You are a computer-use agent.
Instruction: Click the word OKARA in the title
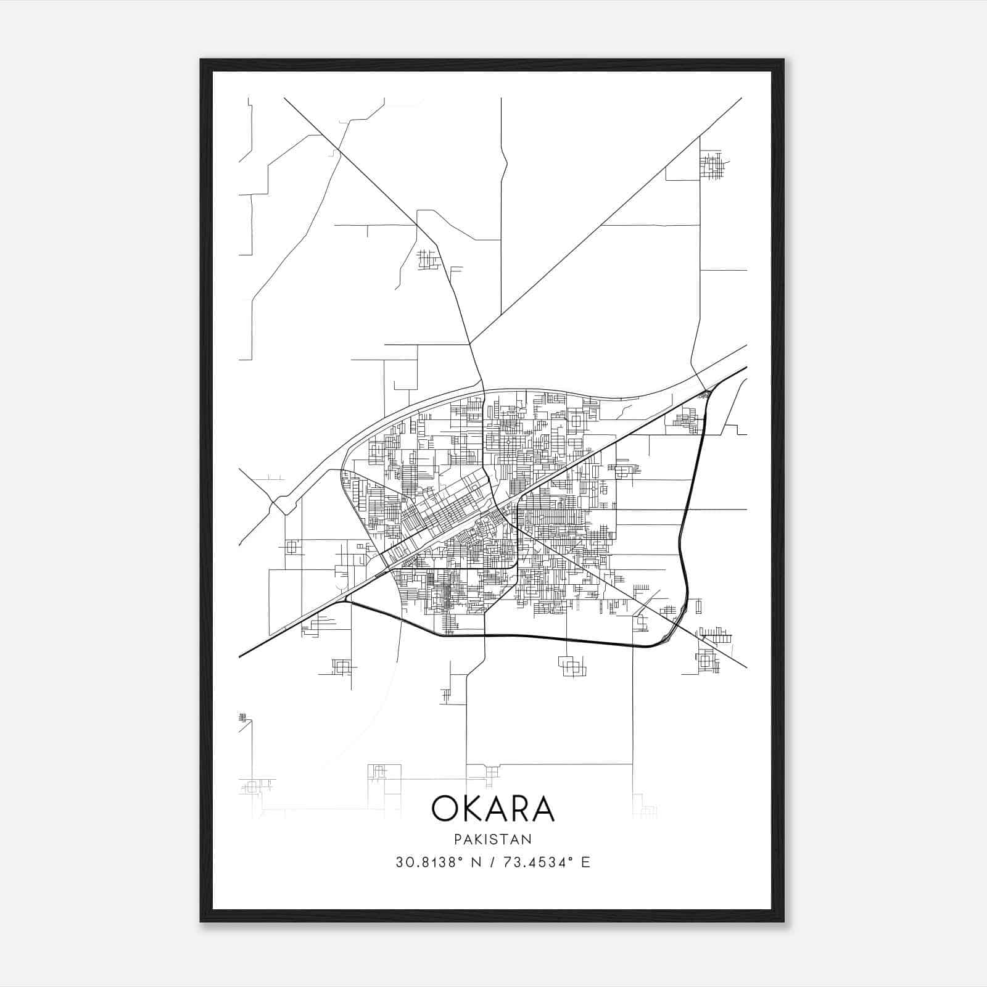pos(493,809)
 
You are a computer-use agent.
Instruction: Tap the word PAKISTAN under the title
pos(493,839)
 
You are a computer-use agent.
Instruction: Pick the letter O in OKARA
pos(445,809)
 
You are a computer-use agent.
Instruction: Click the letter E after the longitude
pos(585,862)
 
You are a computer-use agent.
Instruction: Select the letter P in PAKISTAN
pos(457,839)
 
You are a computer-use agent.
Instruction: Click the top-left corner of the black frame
pos(201,60)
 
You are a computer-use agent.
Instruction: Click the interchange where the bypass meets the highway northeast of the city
pos(706,392)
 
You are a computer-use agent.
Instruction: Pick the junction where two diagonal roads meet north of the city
pos(470,343)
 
